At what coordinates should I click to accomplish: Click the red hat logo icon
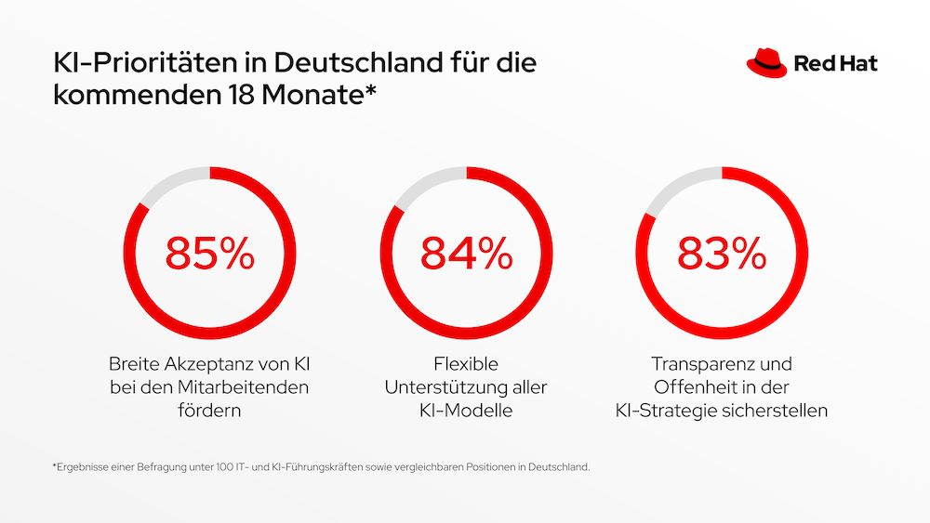766,62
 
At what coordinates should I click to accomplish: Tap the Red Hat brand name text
835,64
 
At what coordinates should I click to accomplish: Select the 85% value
210,253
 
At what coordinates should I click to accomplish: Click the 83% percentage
722,253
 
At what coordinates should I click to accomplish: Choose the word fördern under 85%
209,410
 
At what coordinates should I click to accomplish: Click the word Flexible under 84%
466,363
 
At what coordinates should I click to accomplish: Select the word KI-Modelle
466,410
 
